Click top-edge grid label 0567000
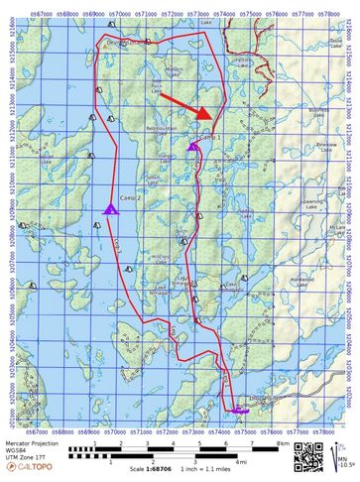point(38,15)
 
